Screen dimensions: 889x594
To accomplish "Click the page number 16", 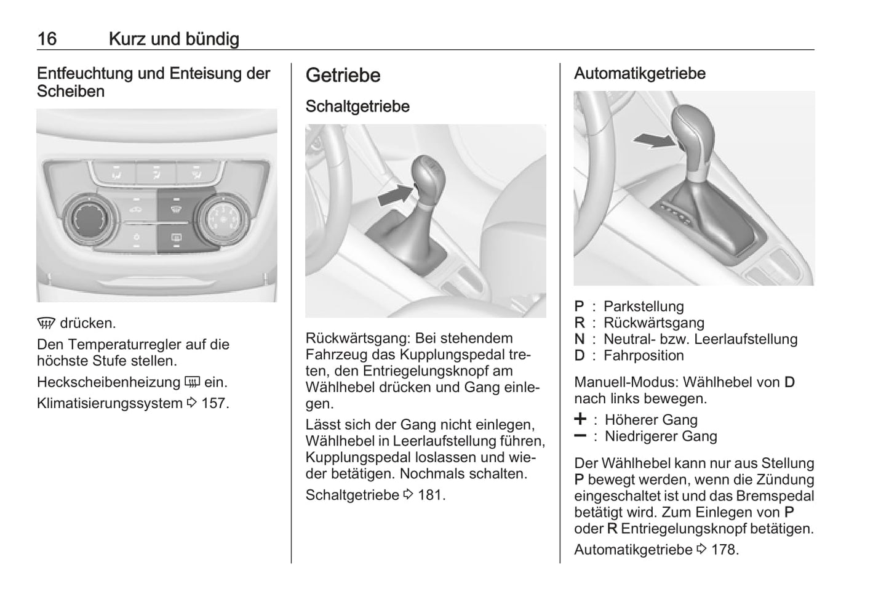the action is (47, 39).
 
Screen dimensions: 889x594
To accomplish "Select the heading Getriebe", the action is (343, 75).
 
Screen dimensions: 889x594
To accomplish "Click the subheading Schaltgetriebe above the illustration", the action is (357, 106).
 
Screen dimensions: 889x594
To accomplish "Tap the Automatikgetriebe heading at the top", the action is (640, 73).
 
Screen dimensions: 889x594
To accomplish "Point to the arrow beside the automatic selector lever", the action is (655, 140).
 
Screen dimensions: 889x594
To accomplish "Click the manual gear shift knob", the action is (428, 179).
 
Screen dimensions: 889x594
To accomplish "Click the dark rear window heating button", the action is (176, 238).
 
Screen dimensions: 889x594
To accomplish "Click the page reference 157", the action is (215, 403).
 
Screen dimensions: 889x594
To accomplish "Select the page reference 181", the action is (432, 495).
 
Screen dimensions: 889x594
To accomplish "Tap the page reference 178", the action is (725, 550).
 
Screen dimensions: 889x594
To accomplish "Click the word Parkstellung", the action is (644, 307).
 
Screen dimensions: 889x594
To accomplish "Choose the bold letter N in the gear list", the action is (580, 339).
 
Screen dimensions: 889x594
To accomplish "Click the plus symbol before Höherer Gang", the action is (580, 419).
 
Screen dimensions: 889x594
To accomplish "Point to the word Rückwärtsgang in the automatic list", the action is (654, 323).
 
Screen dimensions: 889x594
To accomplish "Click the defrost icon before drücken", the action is (46, 323).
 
